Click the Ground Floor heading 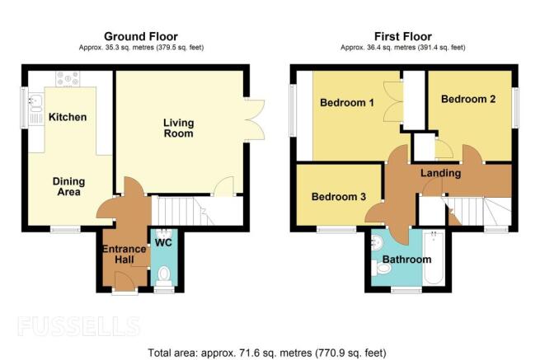pyautogui.click(x=141, y=36)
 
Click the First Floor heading pyautogui.click(x=403, y=36)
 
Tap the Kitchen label pyautogui.click(x=68, y=117)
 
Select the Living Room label pyautogui.click(x=178, y=128)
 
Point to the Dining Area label pyautogui.click(x=69, y=186)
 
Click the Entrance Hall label pyautogui.click(x=124, y=254)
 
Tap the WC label pyautogui.click(x=163, y=243)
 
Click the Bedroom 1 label pyautogui.click(x=347, y=102)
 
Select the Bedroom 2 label pyautogui.click(x=468, y=99)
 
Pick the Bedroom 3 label pyautogui.click(x=339, y=197)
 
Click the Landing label pyautogui.click(x=441, y=173)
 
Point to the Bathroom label pyautogui.click(x=407, y=259)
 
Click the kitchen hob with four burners pyautogui.click(x=68, y=79)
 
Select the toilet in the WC pyautogui.click(x=164, y=276)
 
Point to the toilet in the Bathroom pyautogui.click(x=382, y=268)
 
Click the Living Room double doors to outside pyautogui.click(x=256, y=119)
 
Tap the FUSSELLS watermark pyautogui.click(x=79, y=326)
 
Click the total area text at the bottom pyautogui.click(x=267, y=353)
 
